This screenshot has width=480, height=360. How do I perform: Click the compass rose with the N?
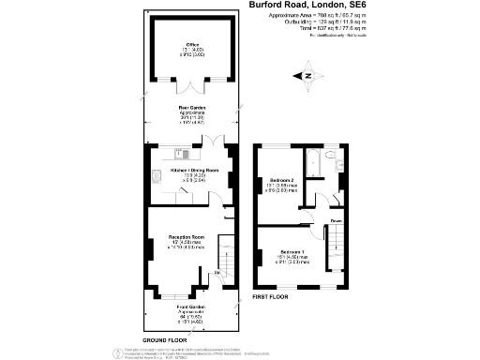pos(306,74)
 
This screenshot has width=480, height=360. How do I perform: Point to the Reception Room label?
pos(187,241)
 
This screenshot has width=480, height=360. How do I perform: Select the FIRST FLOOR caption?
pos(272,296)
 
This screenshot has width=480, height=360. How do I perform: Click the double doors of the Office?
pos(193,89)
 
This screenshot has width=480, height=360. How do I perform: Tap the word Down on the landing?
pos(335,221)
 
